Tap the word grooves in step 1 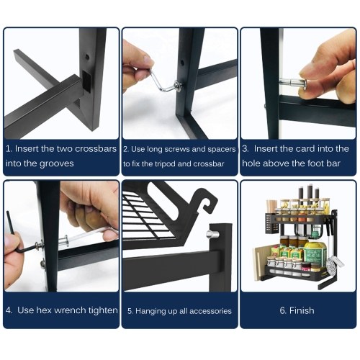[56, 163]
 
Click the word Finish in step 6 [302, 310]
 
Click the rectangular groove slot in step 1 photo [86, 81]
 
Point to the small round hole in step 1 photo [87, 57]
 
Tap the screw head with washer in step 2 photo [178, 85]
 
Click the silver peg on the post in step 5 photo [212, 234]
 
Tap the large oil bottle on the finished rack [315, 253]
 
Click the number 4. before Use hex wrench [9, 310]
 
